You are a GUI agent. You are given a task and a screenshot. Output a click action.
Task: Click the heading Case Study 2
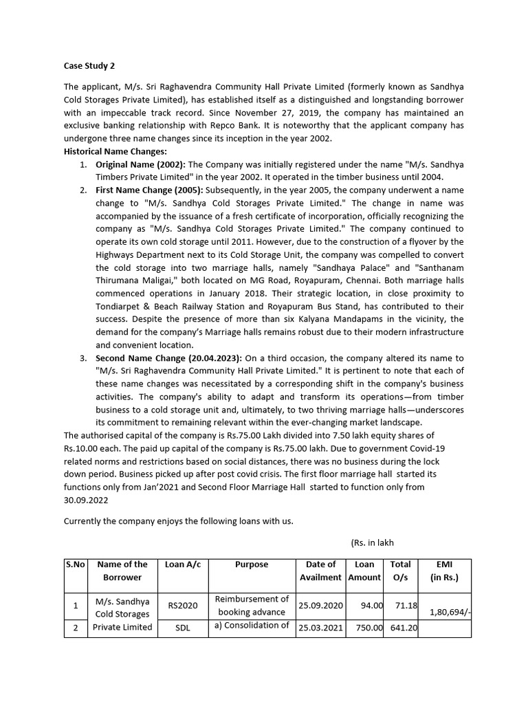click(x=89, y=66)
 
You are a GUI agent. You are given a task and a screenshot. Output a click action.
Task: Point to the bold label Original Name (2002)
click(x=140, y=165)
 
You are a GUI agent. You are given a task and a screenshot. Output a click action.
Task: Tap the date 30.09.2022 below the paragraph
click(x=87, y=500)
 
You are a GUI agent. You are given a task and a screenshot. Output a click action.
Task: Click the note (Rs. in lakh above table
click(x=372, y=542)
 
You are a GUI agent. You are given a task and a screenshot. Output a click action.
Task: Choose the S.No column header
click(x=75, y=564)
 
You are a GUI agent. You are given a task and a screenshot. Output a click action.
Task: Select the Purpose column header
click(x=252, y=564)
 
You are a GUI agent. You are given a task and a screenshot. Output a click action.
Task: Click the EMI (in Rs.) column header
click(x=444, y=571)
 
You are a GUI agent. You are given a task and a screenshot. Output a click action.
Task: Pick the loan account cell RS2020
click(x=182, y=606)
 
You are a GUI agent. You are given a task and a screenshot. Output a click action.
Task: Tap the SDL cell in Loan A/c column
click(x=182, y=627)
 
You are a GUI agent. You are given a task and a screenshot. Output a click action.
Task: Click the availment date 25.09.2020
click(x=320, y=605)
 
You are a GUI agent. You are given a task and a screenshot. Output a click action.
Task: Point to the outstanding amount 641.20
click(x=403, y=627)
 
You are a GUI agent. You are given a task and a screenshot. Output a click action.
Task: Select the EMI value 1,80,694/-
click(x=450, y=610)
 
